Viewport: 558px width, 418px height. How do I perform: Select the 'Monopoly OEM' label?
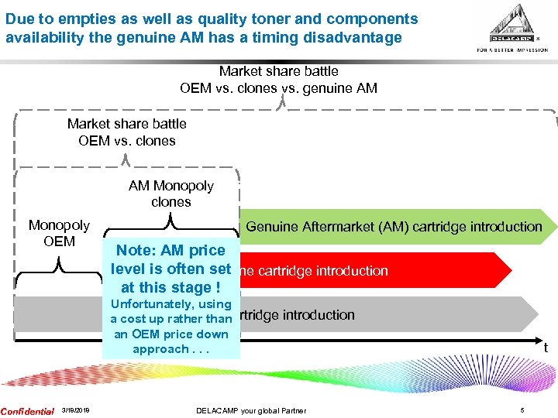coord(59,233)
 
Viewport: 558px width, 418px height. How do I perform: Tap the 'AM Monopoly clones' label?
coord(170,194)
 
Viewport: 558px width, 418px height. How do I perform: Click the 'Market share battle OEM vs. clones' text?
coord(127,132)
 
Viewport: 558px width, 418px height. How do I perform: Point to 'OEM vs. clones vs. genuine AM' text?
coord(278,88)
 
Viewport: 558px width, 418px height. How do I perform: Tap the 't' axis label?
coord(545,348)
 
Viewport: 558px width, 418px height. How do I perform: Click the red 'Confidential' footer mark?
coord(27,410)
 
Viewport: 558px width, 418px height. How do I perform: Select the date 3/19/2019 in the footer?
coord(74,410)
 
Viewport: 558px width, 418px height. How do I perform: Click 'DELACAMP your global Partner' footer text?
coord(251,410)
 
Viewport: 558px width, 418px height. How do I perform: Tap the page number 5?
coord(522,410)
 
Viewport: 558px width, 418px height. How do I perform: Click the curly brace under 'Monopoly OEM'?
coord(59,265)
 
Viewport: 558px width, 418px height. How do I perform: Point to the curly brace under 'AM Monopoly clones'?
coord(170,223)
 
